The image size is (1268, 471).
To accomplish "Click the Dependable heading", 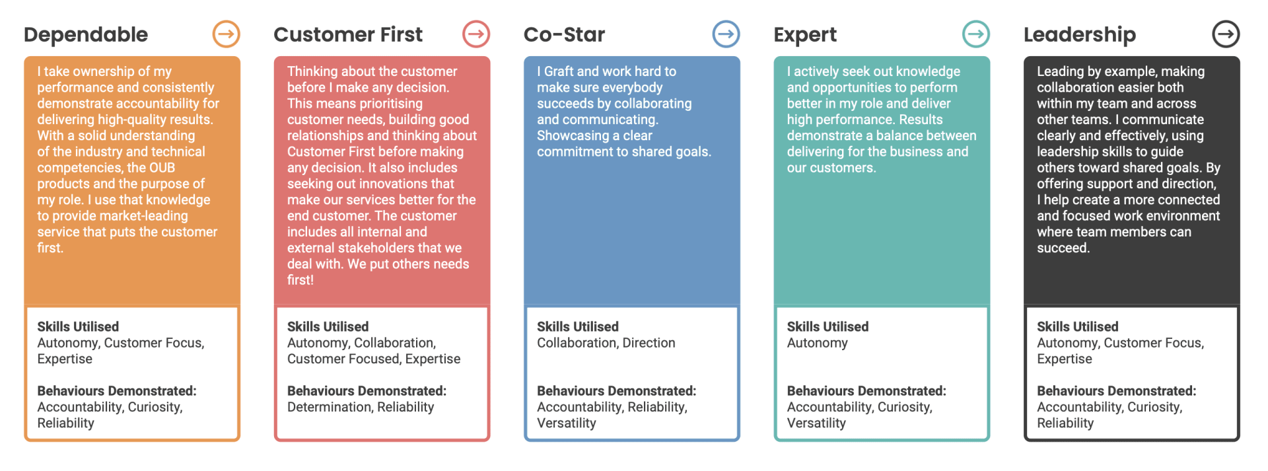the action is point(86,35).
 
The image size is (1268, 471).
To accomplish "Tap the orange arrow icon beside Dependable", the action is point(226,34).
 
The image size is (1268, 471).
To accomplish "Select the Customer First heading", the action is point(348,34).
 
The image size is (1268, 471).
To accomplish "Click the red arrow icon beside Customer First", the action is point(476,34).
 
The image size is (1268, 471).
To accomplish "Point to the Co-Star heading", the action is point(564,34).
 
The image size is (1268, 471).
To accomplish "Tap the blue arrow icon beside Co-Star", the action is point(726,34).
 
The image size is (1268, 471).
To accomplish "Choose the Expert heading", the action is point(805,35).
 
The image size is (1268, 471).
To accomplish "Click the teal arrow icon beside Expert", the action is point(976,34).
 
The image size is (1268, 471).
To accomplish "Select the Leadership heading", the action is point(1080,35).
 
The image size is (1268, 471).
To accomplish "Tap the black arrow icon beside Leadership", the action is point(1226,34).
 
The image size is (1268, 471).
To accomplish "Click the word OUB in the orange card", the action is point(162,168).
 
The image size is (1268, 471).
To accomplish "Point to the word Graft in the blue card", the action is point(559,71).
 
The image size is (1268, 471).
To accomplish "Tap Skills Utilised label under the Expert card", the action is point(828,327).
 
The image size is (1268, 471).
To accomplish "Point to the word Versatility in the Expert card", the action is point(816,423).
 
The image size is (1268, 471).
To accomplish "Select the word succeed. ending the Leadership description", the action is point(1063,248).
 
